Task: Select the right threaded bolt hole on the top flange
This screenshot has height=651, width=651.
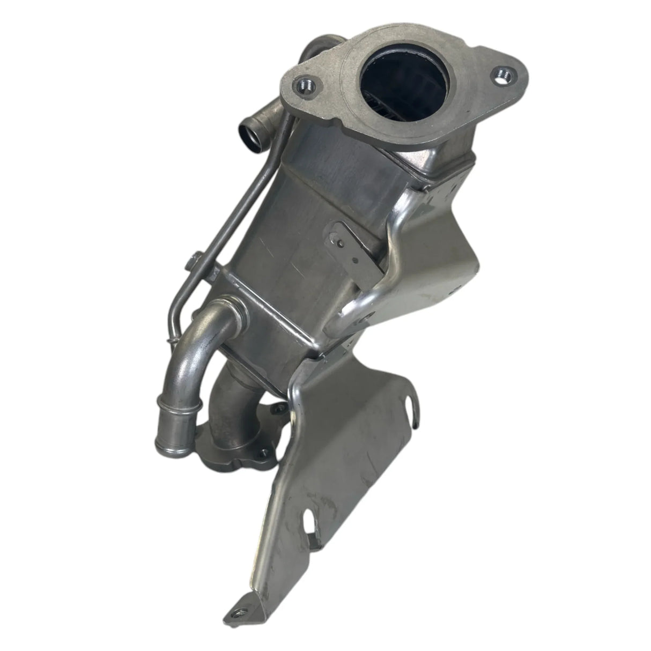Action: [x=502, y=73]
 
